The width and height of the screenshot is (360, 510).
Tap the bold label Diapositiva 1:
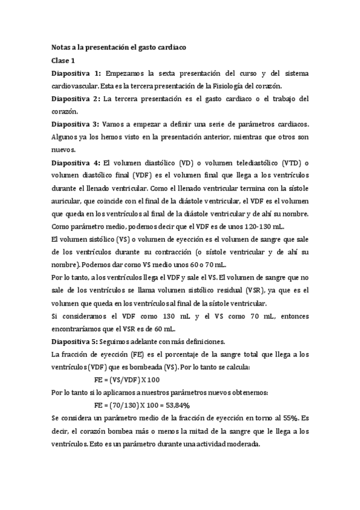click(76, 73)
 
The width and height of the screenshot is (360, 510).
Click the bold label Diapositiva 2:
click(76, 99)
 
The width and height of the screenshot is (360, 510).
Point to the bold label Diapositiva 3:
click(76, 124)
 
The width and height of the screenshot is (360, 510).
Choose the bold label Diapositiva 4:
click(76, 162)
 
